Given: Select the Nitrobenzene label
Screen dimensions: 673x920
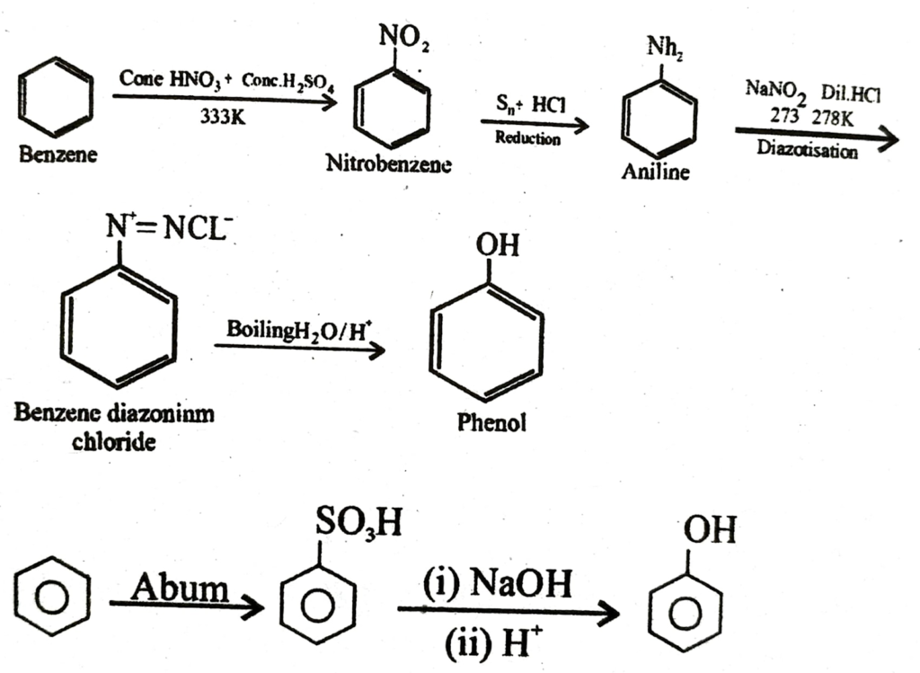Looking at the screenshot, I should pyautogui.click(x=388, y=165).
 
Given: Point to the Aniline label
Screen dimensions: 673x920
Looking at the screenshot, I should pyautogui.click(x=656, y=173).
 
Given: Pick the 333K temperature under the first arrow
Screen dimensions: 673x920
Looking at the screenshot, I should pyautogui.click(x=222, y=118).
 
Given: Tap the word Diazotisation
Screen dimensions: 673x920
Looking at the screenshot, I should pyautogui.click(x=807, y=151).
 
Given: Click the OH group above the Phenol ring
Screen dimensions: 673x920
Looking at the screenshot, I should pyautogui.click(x=497, y=245).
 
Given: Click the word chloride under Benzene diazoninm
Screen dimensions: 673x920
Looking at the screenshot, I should pyautogui.click(x=114, y=442).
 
